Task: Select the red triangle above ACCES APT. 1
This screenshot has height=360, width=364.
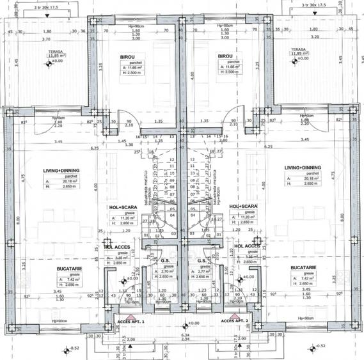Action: pos(128,315)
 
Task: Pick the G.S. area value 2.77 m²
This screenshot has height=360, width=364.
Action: pos(203,271)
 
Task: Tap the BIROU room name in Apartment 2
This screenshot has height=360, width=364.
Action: pos(225,56)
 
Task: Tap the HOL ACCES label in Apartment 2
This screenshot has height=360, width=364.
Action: pos(247,246)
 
